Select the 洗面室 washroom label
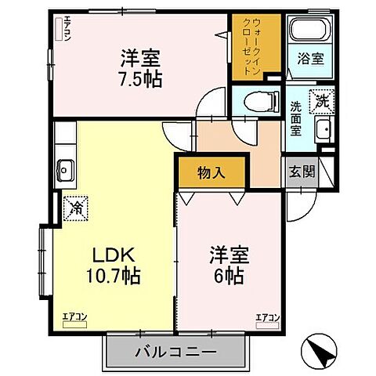tap(297, 118)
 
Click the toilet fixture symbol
tap(259, 100)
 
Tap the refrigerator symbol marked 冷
tap(77, 208)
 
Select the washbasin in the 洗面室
tap(323, 130)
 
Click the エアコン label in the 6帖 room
tap(266, 317)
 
